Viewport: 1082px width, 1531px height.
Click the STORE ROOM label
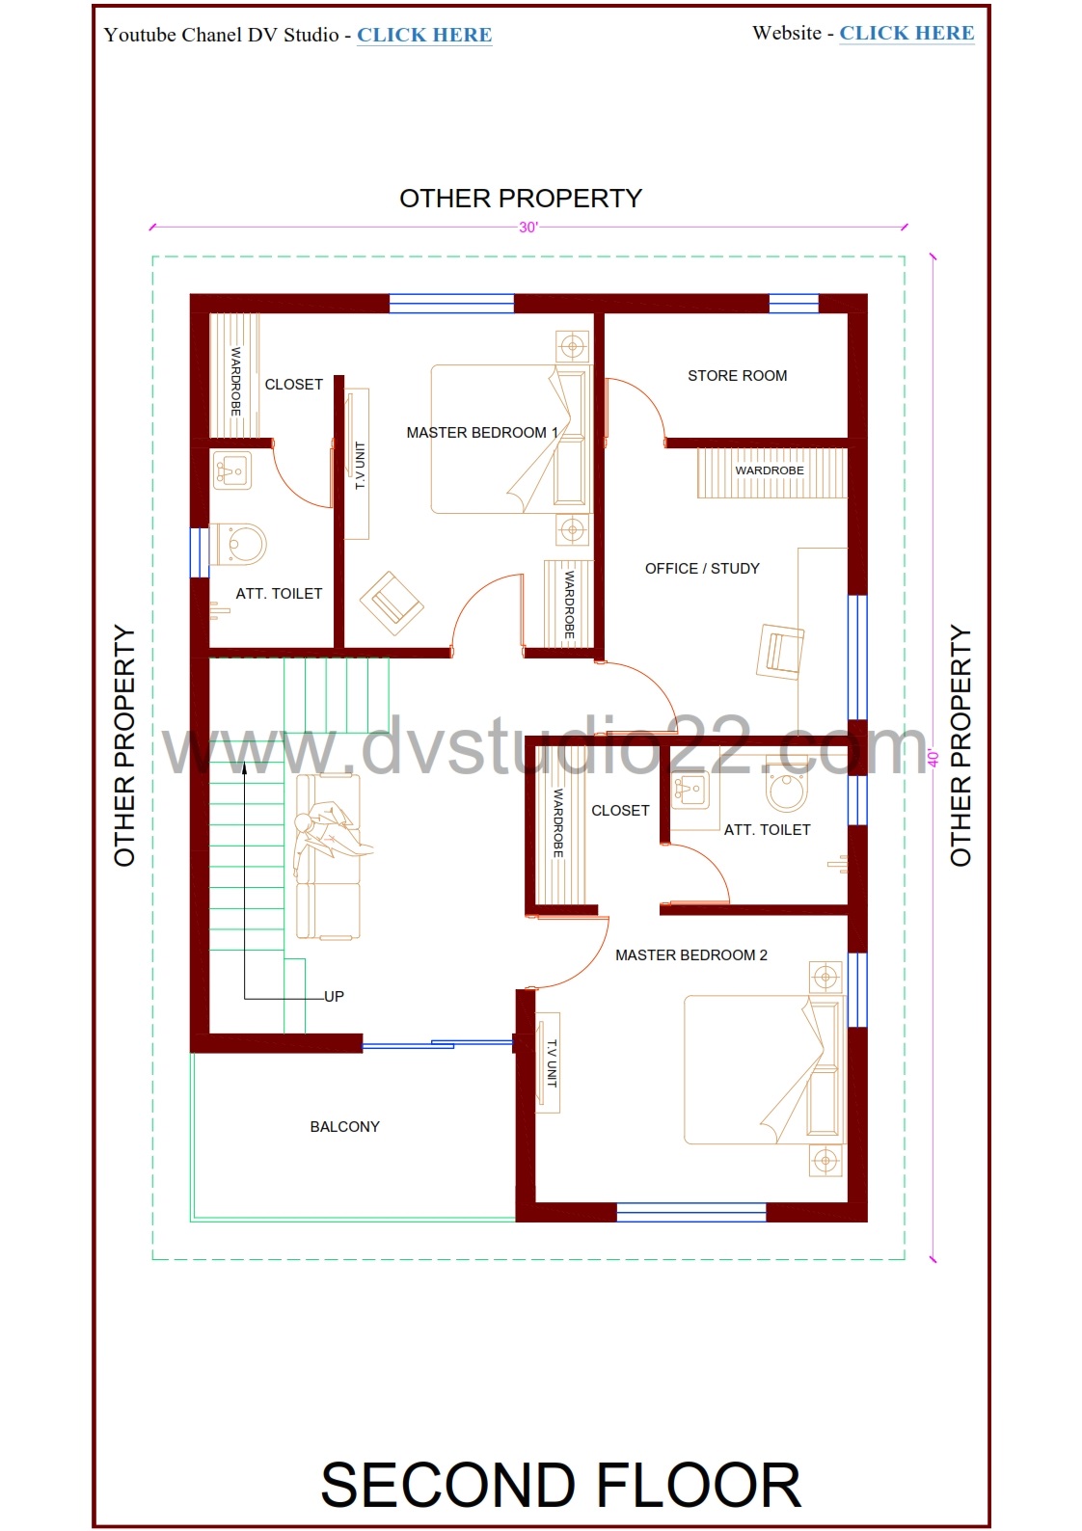[x=737, y=376]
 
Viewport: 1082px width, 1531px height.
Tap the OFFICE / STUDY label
[x=702, y=569]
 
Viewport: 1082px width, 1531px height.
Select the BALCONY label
[x=344, y=1127]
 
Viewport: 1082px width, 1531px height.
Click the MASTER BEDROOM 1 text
[x=482, y=433]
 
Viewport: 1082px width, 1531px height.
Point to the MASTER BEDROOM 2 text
[x=691, y=955]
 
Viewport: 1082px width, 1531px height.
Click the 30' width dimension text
[x=528, y=228]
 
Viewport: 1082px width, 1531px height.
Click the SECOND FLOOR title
[x=560, y=1485]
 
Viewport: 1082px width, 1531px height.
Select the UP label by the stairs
[x=334, y=997]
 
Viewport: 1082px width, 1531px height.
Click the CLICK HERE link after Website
[x=906, y=33]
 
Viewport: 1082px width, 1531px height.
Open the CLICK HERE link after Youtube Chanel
[x=424, y=35]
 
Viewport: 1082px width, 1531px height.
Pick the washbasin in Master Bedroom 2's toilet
[x=690, y=789]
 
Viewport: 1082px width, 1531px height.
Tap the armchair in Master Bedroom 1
[x=392, y=604]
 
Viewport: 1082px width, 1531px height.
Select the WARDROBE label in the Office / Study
[x=770, y=470]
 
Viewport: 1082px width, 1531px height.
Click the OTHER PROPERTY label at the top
[x=521, y=199]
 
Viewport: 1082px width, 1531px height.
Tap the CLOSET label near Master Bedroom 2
[x=620, y=811]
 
